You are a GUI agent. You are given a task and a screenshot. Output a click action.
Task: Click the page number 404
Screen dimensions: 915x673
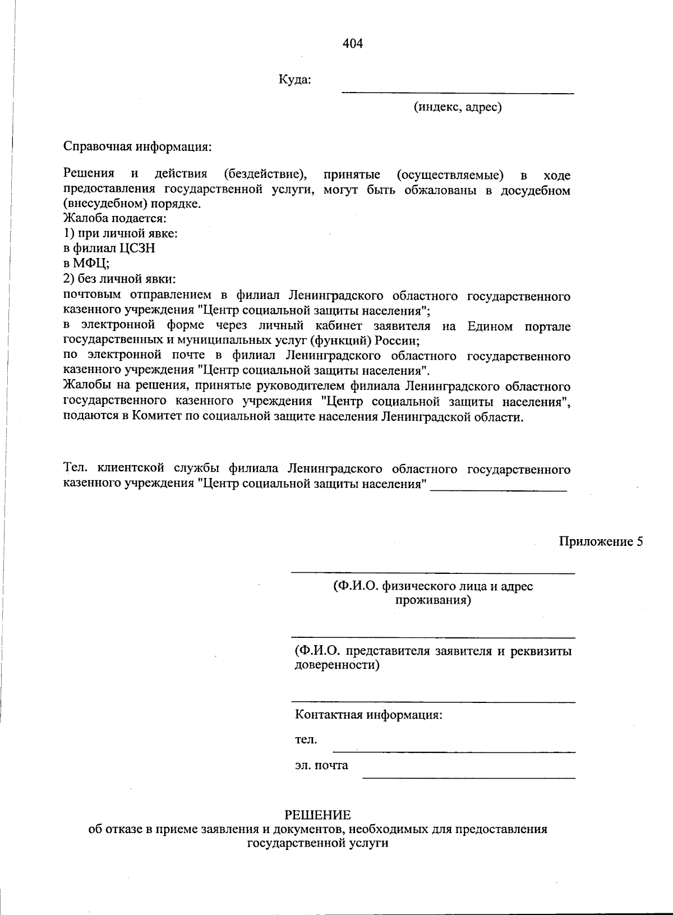coord(353,44)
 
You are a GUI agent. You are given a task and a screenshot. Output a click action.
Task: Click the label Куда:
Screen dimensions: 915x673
coord(295,80)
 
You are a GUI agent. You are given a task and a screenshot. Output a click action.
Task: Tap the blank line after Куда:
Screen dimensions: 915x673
coord(458,91)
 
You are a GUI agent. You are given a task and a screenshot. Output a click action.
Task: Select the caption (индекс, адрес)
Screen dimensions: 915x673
coord(458,107)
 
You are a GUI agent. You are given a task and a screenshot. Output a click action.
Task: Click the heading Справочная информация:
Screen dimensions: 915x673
coord(137,147)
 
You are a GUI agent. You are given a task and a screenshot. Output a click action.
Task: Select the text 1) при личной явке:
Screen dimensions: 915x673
coord(121,233)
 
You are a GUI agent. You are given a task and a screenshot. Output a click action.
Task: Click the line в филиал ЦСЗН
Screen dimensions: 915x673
coord(109,248)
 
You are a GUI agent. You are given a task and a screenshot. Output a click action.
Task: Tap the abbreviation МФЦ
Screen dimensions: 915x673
coord(90,263)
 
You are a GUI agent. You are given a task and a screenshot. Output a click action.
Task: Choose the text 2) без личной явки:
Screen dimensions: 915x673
coord(119,278)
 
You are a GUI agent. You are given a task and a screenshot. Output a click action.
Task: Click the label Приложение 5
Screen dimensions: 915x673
coord(600,541)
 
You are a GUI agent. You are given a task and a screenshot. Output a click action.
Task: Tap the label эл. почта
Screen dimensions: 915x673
coord(321,765)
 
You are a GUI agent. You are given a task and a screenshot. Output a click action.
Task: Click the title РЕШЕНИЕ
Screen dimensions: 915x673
coord(317,815)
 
